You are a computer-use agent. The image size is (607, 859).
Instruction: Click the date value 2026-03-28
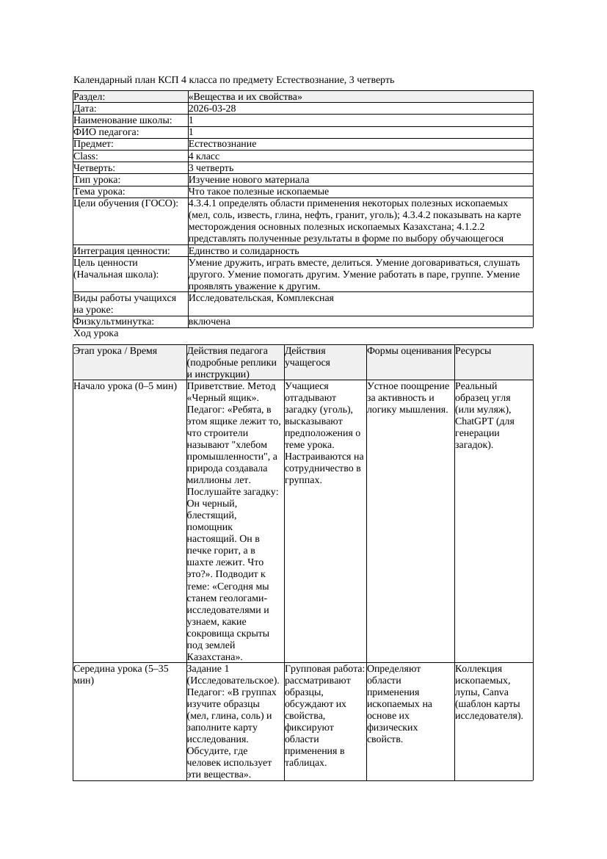[x=212, y=109]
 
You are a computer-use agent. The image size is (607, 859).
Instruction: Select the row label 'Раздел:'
[x=90, y=97]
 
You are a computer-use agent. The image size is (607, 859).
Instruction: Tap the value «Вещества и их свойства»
[x=245, y=97]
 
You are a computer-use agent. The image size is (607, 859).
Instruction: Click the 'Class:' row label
[x=86, y=156]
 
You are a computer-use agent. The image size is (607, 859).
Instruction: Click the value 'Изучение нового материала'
[x=249, y=180]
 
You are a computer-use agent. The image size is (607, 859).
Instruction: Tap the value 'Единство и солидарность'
[x=244, y=251]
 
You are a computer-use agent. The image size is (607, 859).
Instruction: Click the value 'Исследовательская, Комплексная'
[x=261, y=298]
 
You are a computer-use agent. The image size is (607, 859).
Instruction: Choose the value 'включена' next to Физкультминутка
[x=209, y=322]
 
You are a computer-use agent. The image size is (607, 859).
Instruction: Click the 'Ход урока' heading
[x=95, y=333]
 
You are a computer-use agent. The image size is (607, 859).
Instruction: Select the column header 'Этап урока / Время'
[x=115, y=351]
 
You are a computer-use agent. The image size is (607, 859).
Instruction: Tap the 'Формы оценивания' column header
[x=410, y=351]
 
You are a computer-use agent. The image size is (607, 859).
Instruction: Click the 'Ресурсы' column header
[x=473, y=351]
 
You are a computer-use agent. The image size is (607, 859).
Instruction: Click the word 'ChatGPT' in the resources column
[x=475, y=421]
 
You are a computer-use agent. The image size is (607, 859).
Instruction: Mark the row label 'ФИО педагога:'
[x=106, y=132]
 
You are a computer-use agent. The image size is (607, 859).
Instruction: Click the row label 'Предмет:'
[x=93, y=144]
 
